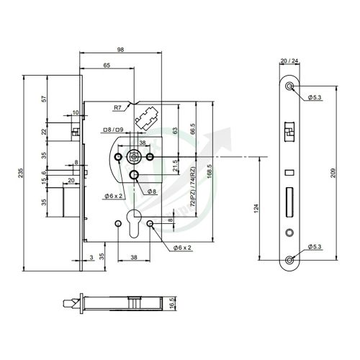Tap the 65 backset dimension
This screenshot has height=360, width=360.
tap(106, 66)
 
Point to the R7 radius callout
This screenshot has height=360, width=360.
tap(117, 107)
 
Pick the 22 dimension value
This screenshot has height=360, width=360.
tap(43, 132)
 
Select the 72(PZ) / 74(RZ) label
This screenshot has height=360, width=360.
tap(193, 188)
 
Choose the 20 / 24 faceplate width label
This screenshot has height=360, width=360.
tap(289, 61)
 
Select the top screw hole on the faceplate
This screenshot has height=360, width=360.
tap(289, 86)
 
